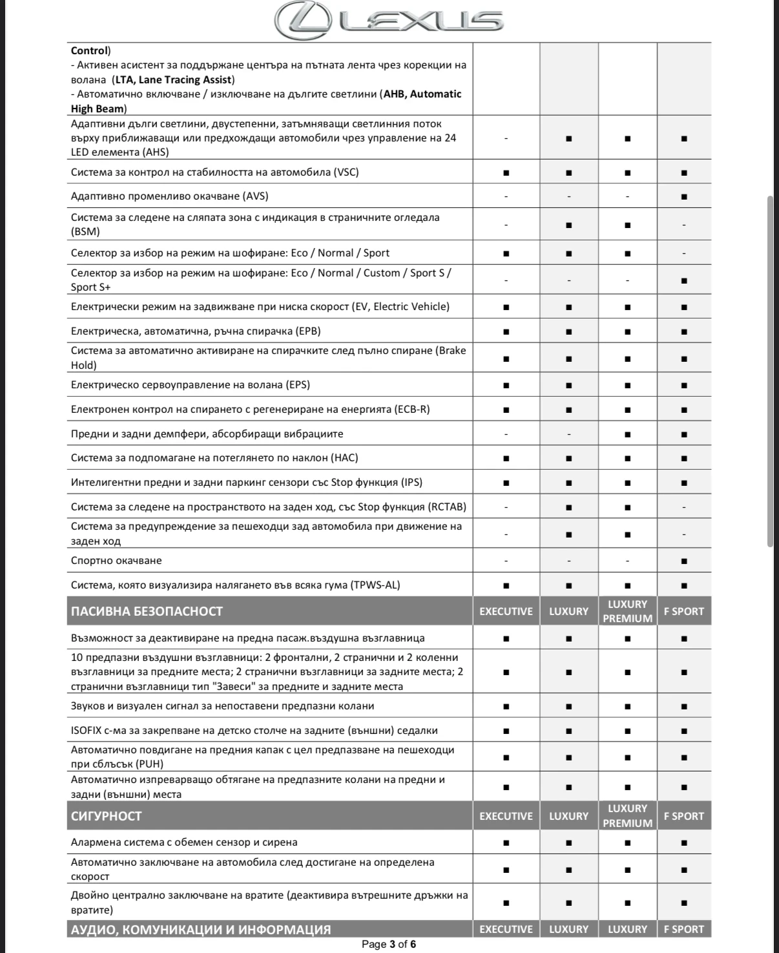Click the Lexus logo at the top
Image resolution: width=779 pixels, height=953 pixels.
coord(389,21)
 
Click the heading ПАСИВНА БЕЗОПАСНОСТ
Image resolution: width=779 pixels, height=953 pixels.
coord(147,611)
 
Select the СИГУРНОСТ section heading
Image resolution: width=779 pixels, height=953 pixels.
coord(106,816)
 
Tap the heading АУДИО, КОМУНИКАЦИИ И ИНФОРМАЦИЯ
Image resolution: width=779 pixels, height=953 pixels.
coord(201,930)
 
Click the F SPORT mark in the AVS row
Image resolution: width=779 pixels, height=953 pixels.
coord(684,196)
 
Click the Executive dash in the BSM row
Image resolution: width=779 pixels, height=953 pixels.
coord(506,225)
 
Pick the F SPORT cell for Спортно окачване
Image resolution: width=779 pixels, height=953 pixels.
coord(684,561)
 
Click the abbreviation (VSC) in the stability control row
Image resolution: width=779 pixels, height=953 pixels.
coord(346,173)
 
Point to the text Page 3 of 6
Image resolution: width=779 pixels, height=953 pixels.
coord(389,945)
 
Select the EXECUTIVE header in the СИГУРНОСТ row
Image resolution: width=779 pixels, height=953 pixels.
coord(506,816)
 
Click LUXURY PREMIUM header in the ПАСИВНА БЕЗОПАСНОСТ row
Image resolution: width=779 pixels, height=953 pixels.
coord(627,611)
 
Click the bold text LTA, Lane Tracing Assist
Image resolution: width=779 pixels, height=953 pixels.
coord(172,80)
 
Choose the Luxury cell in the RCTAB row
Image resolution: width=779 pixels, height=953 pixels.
coord(568,507)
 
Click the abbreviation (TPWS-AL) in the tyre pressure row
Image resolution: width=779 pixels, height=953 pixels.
coord(375,585)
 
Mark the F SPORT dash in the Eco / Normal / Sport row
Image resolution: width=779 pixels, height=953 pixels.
coord(684,253)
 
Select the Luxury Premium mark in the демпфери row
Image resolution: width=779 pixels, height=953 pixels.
coord(627,434)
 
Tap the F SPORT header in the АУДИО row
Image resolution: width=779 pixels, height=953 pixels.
coord(684,930)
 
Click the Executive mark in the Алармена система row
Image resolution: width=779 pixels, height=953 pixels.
coord(506,843)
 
